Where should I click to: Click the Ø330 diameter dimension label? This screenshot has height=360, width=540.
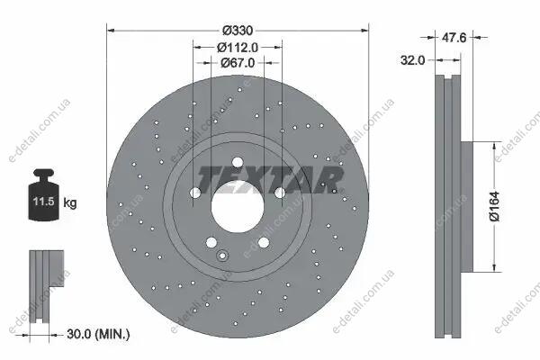tap(238, 31)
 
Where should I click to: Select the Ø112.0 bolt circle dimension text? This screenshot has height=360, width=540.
tap(238, 47)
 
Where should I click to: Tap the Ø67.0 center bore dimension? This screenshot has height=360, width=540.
tap(238, 63)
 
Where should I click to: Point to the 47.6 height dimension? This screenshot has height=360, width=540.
tap(454, 37)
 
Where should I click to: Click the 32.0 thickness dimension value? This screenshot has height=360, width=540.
tap(412, 60)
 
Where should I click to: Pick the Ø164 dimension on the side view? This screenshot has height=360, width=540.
tap(494, 206)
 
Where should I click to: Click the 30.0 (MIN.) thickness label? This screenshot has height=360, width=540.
tap(98, 334)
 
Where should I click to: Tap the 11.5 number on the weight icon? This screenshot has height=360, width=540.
tap(44, 202)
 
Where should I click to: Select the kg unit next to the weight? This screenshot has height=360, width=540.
tap(70, 202)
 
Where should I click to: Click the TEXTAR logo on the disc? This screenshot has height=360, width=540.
tap(270, 179)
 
